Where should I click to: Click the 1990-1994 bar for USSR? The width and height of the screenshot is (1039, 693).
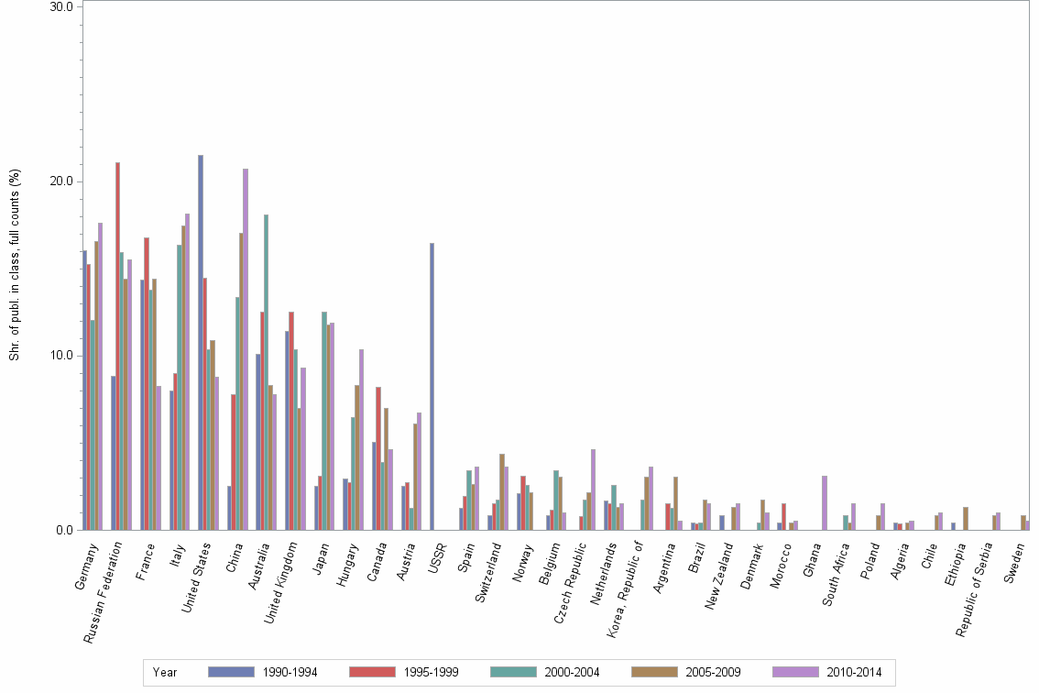click(432, 386)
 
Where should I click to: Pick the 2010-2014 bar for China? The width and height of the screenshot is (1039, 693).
click(246, 349)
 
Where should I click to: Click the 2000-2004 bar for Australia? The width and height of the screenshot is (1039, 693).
click(266, 372)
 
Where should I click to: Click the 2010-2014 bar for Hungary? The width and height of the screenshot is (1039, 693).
click(362, 439)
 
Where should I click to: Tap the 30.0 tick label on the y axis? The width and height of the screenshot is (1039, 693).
click(61, 6)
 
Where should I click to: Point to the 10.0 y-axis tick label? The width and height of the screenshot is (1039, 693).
click(61, 356)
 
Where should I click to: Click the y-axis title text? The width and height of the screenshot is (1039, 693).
click(15, 266)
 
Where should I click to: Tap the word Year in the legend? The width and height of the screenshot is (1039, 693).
click(165, 672)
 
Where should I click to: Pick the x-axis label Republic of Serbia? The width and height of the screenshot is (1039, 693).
click(977, 586)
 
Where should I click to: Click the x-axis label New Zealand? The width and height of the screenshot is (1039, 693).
click(719, 574)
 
